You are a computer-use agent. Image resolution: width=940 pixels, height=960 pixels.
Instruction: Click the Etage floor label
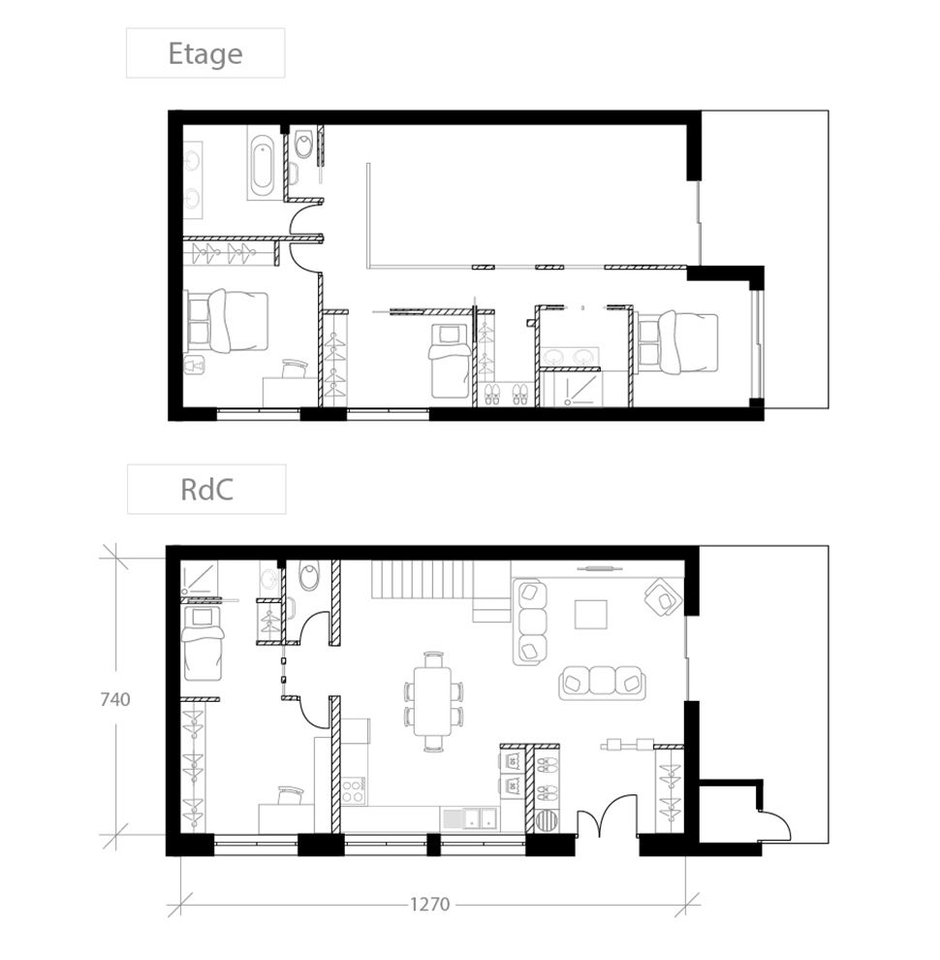point(204,53)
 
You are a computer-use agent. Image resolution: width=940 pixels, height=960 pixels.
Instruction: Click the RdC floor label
point(205,489)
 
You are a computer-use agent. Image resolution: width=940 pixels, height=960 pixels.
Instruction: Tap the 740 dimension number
point(114,698)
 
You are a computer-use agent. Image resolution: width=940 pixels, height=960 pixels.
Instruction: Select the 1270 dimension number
point(429,904)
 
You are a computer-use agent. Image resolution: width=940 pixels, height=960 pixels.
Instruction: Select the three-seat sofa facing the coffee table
point(603,682)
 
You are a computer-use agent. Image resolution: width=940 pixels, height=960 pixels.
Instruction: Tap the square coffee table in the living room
point(591,614)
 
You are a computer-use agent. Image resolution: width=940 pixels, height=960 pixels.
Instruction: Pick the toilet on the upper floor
point(304,146)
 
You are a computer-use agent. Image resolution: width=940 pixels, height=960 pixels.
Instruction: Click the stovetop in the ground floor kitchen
point(354,789)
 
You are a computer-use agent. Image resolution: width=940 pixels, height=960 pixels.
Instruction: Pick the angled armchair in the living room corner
point(663,595)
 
